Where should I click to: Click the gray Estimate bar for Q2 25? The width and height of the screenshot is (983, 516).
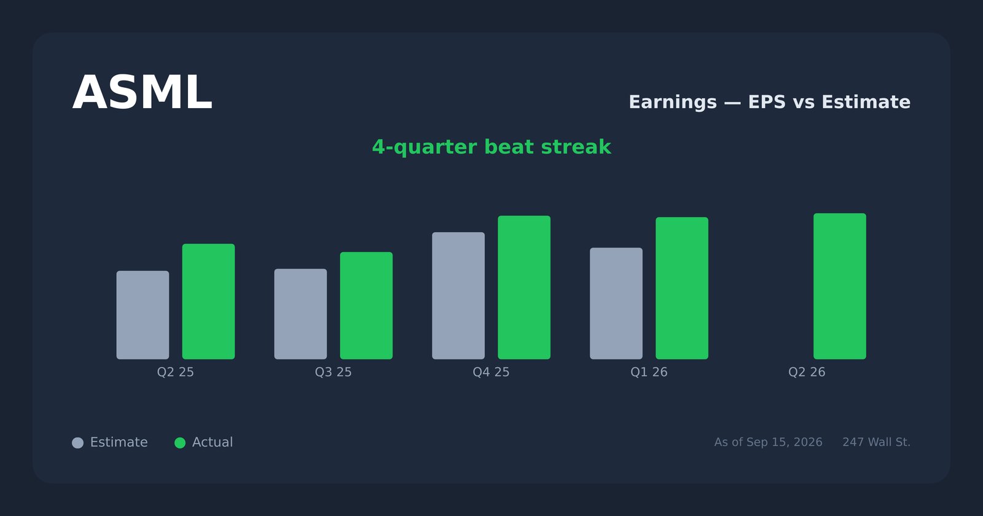point(143,315)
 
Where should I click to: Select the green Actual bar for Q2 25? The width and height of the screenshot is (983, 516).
point(208,302)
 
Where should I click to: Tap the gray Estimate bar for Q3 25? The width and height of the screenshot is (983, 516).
point(300,314)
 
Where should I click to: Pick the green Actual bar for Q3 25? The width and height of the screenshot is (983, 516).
point(366,305)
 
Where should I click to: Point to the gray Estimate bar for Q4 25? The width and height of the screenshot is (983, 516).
point(458,295)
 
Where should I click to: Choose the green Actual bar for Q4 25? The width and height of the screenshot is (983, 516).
point(524,287)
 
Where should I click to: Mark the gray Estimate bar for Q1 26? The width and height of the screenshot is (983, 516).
point(616,303)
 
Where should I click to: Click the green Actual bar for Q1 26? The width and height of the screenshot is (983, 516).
point(682,288)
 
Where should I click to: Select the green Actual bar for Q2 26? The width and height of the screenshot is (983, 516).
point(840,286)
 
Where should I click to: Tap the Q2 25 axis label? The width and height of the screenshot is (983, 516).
point(176,372)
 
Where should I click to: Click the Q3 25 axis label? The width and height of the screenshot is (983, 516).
point(334,372)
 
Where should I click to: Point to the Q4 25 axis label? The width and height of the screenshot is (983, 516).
point(491,372)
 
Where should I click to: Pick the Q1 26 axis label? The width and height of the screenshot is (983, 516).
point(649,372)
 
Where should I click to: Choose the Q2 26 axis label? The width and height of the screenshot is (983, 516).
point(807,372)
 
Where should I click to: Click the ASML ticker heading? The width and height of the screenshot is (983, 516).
point(142,93)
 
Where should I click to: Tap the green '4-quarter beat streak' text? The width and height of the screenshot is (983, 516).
point(491,147)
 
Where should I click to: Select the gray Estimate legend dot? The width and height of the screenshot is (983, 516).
point(77,443)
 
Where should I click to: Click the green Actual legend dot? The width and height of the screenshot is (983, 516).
point(180,443)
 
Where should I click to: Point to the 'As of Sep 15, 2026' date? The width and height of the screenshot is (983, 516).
point(768,442)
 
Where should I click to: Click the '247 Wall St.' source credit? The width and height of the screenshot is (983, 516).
point(876,442)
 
